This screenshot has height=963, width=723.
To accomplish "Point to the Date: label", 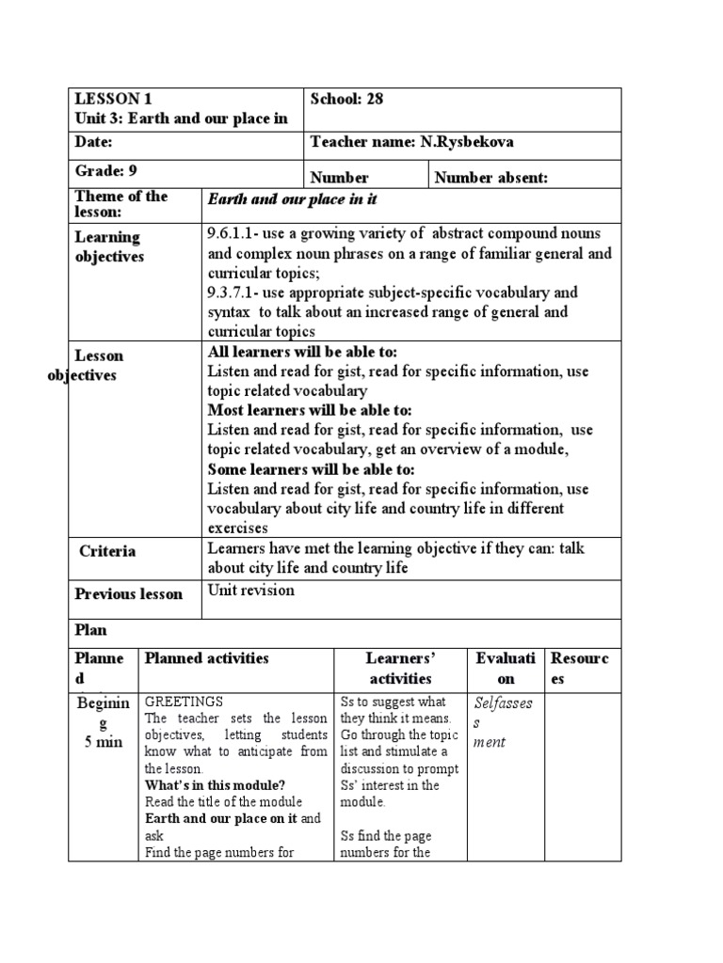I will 94,141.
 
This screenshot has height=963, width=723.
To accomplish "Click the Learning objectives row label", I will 108,246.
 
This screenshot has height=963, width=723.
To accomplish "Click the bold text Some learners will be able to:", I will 311,469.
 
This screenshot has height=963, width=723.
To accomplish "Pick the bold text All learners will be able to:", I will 303,351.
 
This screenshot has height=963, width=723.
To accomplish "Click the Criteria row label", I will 107,551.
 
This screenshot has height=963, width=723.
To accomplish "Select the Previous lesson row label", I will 129,594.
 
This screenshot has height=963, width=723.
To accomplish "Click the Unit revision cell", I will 250,591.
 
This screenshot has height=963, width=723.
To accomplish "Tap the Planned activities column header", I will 207,658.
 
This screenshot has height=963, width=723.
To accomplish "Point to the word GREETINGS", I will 184,702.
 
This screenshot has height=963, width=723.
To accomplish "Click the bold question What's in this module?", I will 216,784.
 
